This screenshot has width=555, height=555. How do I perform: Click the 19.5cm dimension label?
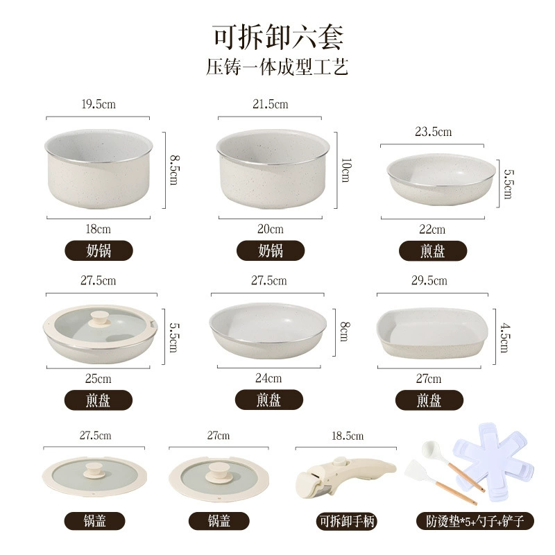tap(99, 104)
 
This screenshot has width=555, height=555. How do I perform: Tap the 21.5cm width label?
tap(270, 104)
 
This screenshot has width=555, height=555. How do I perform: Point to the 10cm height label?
tap(345, 170)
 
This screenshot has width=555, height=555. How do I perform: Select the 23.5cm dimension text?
tap(433, 132)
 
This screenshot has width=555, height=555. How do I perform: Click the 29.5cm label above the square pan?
tap(429, 280)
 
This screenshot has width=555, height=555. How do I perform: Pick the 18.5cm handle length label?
tap(348, 436)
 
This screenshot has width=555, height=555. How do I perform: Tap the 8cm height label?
tap(345, 332)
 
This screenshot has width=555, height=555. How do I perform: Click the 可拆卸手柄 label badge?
tap(347, 521)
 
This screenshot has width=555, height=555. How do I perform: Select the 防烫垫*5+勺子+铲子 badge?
tap(475, 521)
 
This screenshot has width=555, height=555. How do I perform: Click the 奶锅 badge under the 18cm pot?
tap(99, 250)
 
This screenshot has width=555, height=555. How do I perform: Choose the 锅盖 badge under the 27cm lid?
tap(219, 521)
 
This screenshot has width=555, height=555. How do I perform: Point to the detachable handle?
tap(345, 475)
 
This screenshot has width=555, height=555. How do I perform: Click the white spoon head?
tap(431, 450)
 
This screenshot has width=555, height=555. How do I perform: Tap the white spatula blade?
tap(418, 472)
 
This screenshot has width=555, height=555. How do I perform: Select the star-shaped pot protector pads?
tap(494, 461)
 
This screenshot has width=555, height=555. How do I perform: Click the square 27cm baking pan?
tap(432, 333)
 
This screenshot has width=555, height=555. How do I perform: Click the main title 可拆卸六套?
tap(278, 37)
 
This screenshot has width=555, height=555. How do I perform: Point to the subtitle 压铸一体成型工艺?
tap(277, 67)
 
